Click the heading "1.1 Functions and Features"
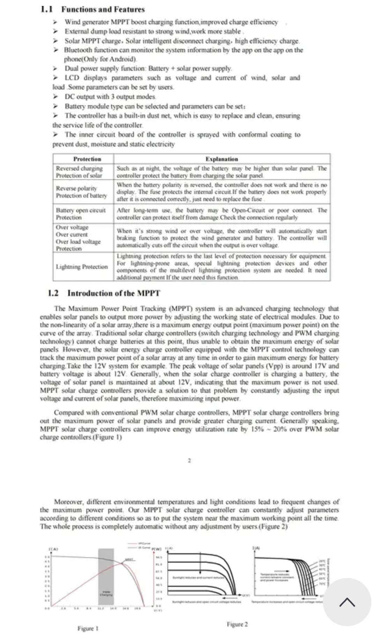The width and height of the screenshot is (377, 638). coord(93,9)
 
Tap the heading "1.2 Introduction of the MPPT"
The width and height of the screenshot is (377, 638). coord(104,293)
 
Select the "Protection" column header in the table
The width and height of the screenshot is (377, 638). coord(87,159)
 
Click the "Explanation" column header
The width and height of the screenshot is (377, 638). coord(222,159)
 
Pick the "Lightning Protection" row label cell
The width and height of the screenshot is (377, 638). coord(82,267)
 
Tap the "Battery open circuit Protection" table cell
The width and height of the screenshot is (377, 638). coord(81,214)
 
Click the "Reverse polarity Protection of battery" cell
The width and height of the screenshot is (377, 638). coord(81,192)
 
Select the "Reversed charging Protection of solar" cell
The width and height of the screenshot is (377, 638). coord(79,172)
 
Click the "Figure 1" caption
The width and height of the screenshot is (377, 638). coord(88,628)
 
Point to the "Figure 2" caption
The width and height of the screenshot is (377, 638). coord(237,624)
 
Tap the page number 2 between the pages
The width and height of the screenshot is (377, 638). coord(189,460)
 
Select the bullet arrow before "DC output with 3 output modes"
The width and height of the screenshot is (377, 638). coord(55,97)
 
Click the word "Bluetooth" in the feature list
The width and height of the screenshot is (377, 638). coord(78,50)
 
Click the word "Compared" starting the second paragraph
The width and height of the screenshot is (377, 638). coord(68,413)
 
